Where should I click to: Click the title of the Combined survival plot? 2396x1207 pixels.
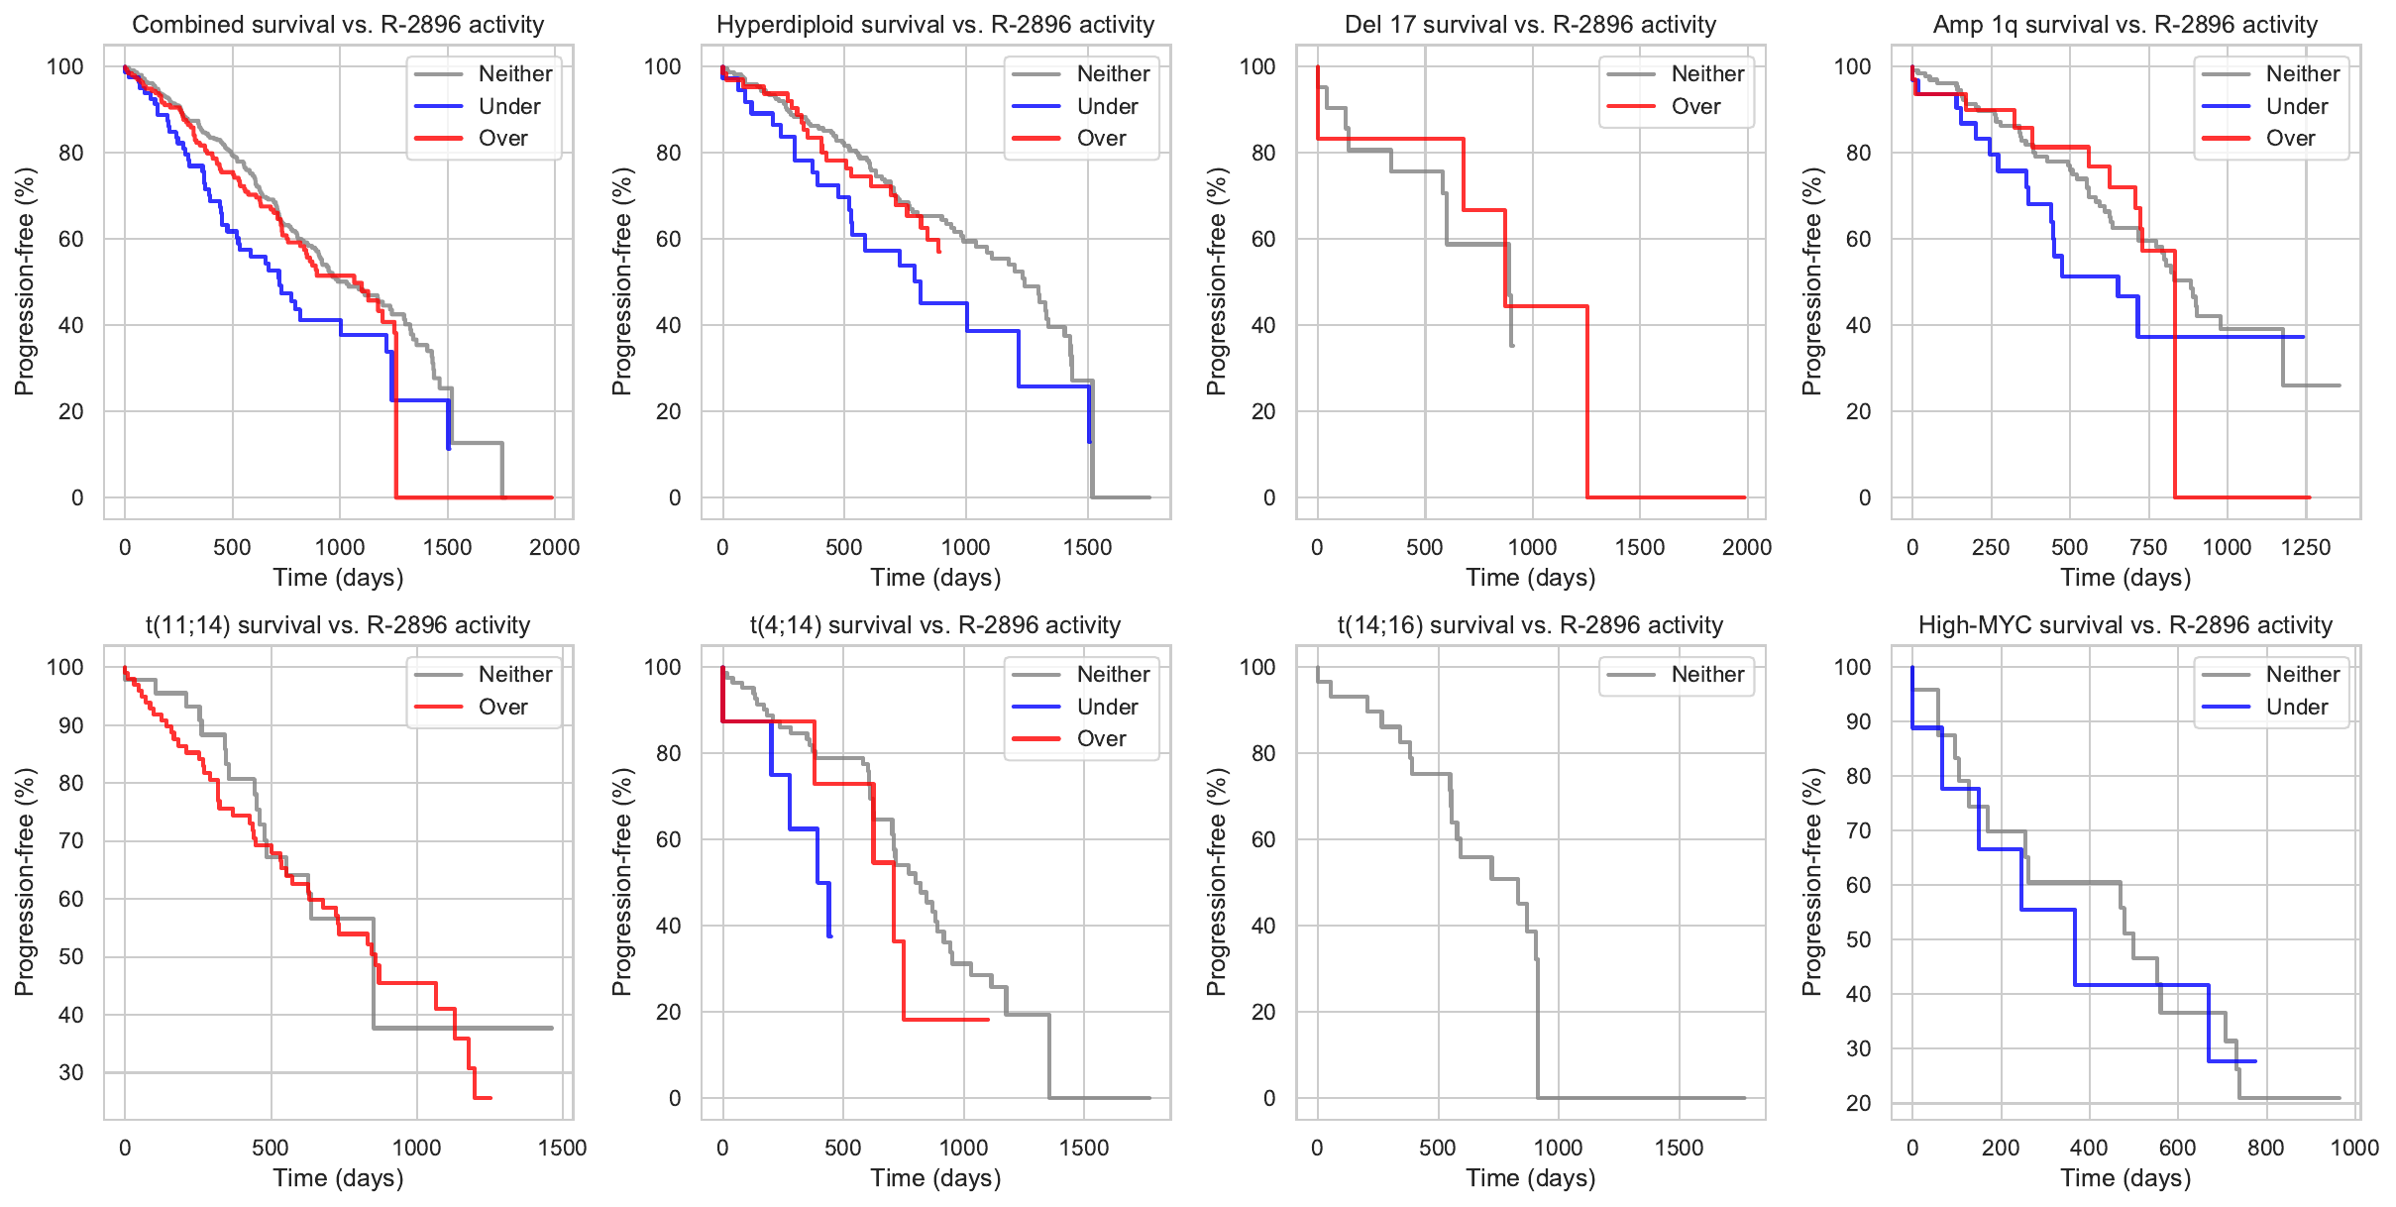(338, 25)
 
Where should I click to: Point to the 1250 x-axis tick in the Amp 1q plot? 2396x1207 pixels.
(2305, 547)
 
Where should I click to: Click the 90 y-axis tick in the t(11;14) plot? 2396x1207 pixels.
(71, 725)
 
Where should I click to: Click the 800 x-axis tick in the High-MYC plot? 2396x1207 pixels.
(2265, 1148)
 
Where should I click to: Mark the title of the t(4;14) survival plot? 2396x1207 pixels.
(934, 625)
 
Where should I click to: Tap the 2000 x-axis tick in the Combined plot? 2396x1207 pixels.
(554, 547)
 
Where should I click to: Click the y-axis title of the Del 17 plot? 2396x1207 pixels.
(1217, 281)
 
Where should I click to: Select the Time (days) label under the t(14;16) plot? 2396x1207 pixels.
(1530, 1178)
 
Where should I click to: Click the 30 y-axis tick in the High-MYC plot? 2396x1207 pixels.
(1858, 1048)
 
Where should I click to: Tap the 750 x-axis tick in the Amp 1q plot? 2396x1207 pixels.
(2147, 547)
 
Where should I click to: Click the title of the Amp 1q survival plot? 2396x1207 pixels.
(2124, 25)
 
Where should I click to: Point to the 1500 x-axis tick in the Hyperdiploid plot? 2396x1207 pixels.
(1087, 547)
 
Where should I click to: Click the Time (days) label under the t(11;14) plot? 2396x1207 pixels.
(338, 1178)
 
